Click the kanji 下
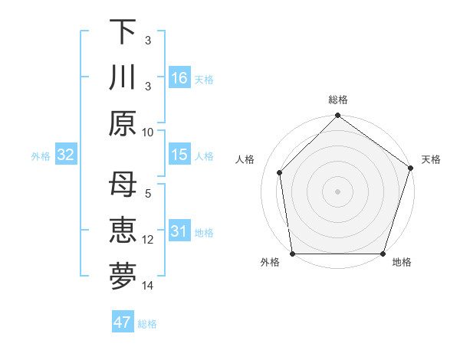(123, 32)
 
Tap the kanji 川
(123, 77)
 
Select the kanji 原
(123, 123)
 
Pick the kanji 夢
(123, 277)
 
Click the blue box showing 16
(179, 78)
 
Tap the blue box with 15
(179, 155)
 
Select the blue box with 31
(179, 231)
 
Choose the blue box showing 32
(66, 155)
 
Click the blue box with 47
(123, 322)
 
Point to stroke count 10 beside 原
(148, 132)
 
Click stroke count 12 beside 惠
(148, 240)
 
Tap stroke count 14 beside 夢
(148, 286)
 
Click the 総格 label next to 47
(147, 324)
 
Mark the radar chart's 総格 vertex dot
(337, 116)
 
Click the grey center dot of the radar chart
(337, 191)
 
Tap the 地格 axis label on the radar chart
(402, 263)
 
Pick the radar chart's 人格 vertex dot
(280, 172)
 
